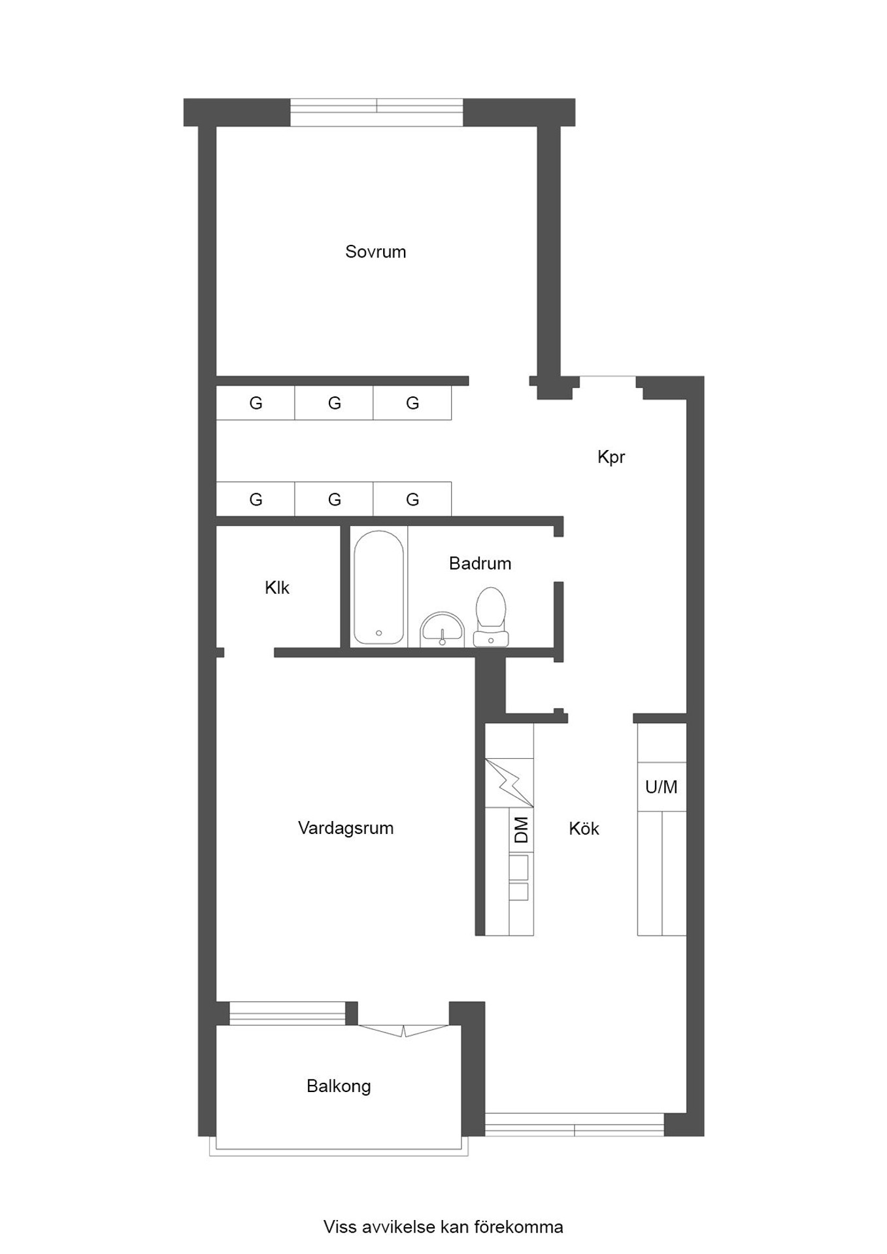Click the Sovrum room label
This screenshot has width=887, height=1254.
coord(375,251)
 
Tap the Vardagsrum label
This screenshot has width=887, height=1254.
coord(345,828)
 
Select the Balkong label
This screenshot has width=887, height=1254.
coord(339,1086)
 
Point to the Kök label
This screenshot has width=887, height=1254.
coord(584,828)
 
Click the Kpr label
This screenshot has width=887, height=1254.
coord(611,457)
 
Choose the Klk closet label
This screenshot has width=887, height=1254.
coord(277,588)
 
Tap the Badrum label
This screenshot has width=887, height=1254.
coord(480,563)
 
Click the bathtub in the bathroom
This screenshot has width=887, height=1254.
coord(378,587)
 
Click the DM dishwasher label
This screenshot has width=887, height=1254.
coord(521,829)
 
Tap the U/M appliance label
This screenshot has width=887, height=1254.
coord(661,787)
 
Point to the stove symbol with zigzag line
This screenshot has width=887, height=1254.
coord(509,782)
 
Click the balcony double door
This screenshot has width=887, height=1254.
coord(403,1031)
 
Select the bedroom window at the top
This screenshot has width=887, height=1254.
coord(377,112)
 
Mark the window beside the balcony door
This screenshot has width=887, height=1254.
coord(287,1013)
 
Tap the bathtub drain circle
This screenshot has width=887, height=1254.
coord(378,633)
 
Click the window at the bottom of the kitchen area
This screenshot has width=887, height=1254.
coord(575,1125)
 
